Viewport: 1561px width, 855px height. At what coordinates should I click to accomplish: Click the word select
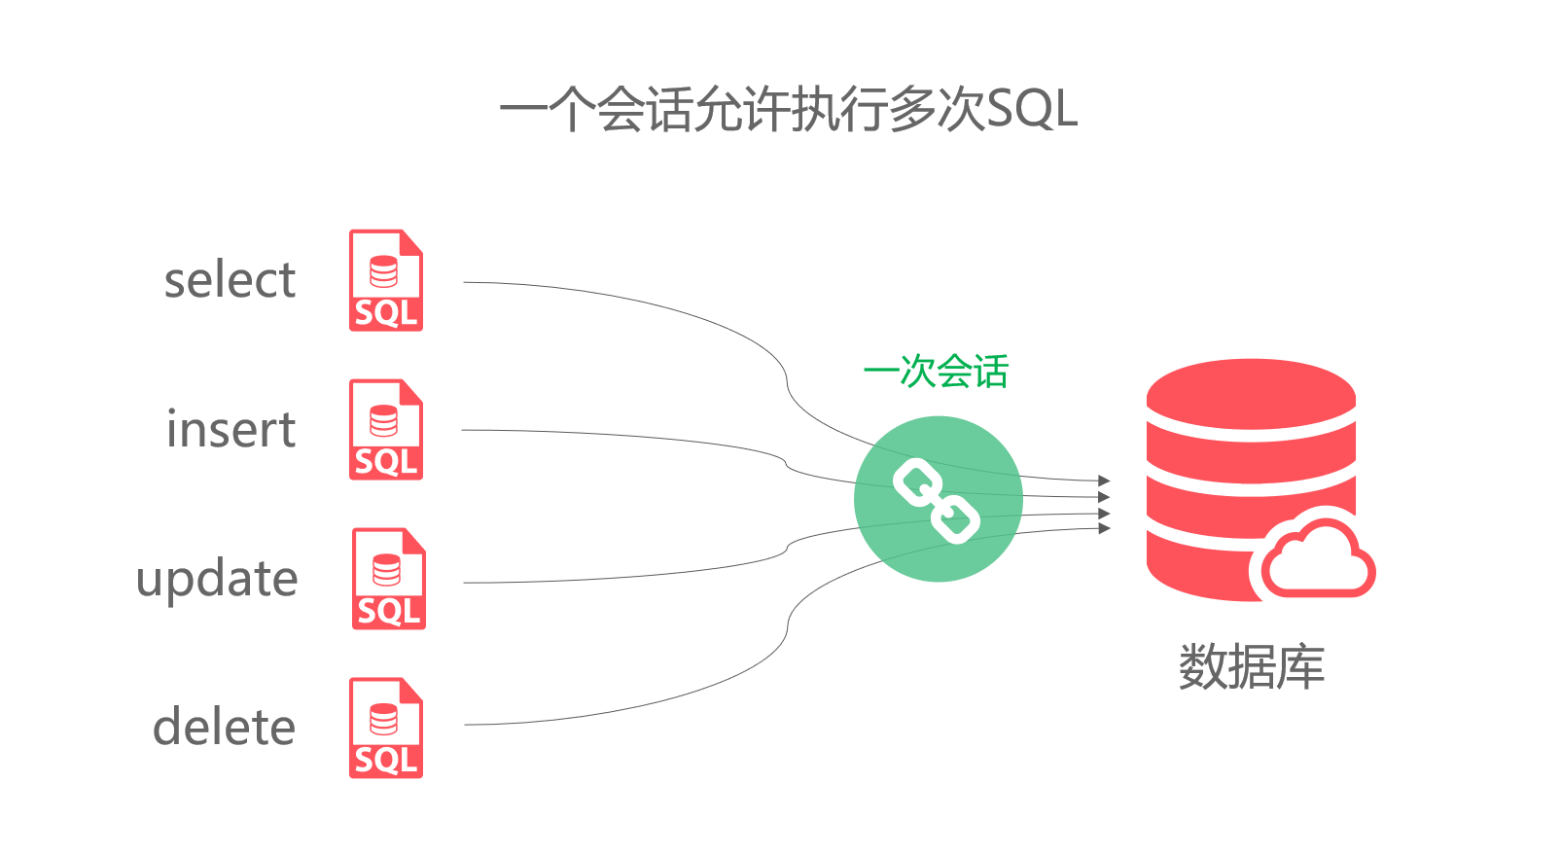point(230,281)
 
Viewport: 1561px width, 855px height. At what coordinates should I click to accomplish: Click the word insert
point(231,430)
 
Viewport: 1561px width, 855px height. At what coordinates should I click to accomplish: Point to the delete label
point(224,729)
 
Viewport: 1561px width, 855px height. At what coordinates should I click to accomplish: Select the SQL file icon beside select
point(386,281)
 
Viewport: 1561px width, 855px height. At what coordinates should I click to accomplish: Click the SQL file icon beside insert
point(386,430)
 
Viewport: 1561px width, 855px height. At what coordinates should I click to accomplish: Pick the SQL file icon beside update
point(388,580)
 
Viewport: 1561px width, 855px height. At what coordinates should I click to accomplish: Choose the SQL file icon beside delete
point(386,729)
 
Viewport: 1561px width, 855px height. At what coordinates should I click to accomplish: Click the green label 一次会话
point(936,372)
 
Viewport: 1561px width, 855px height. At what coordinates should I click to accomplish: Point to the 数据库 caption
point(1251,667)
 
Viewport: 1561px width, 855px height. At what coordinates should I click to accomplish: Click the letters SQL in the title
point(1031,109)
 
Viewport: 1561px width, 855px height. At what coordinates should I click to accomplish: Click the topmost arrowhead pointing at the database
point(1104,481)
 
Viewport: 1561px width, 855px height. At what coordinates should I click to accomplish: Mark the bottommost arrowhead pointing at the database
point(1104,528)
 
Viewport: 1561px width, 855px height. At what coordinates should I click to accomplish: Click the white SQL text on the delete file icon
point(386,760)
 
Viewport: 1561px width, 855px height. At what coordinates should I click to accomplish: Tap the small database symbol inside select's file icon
point(384,272)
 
